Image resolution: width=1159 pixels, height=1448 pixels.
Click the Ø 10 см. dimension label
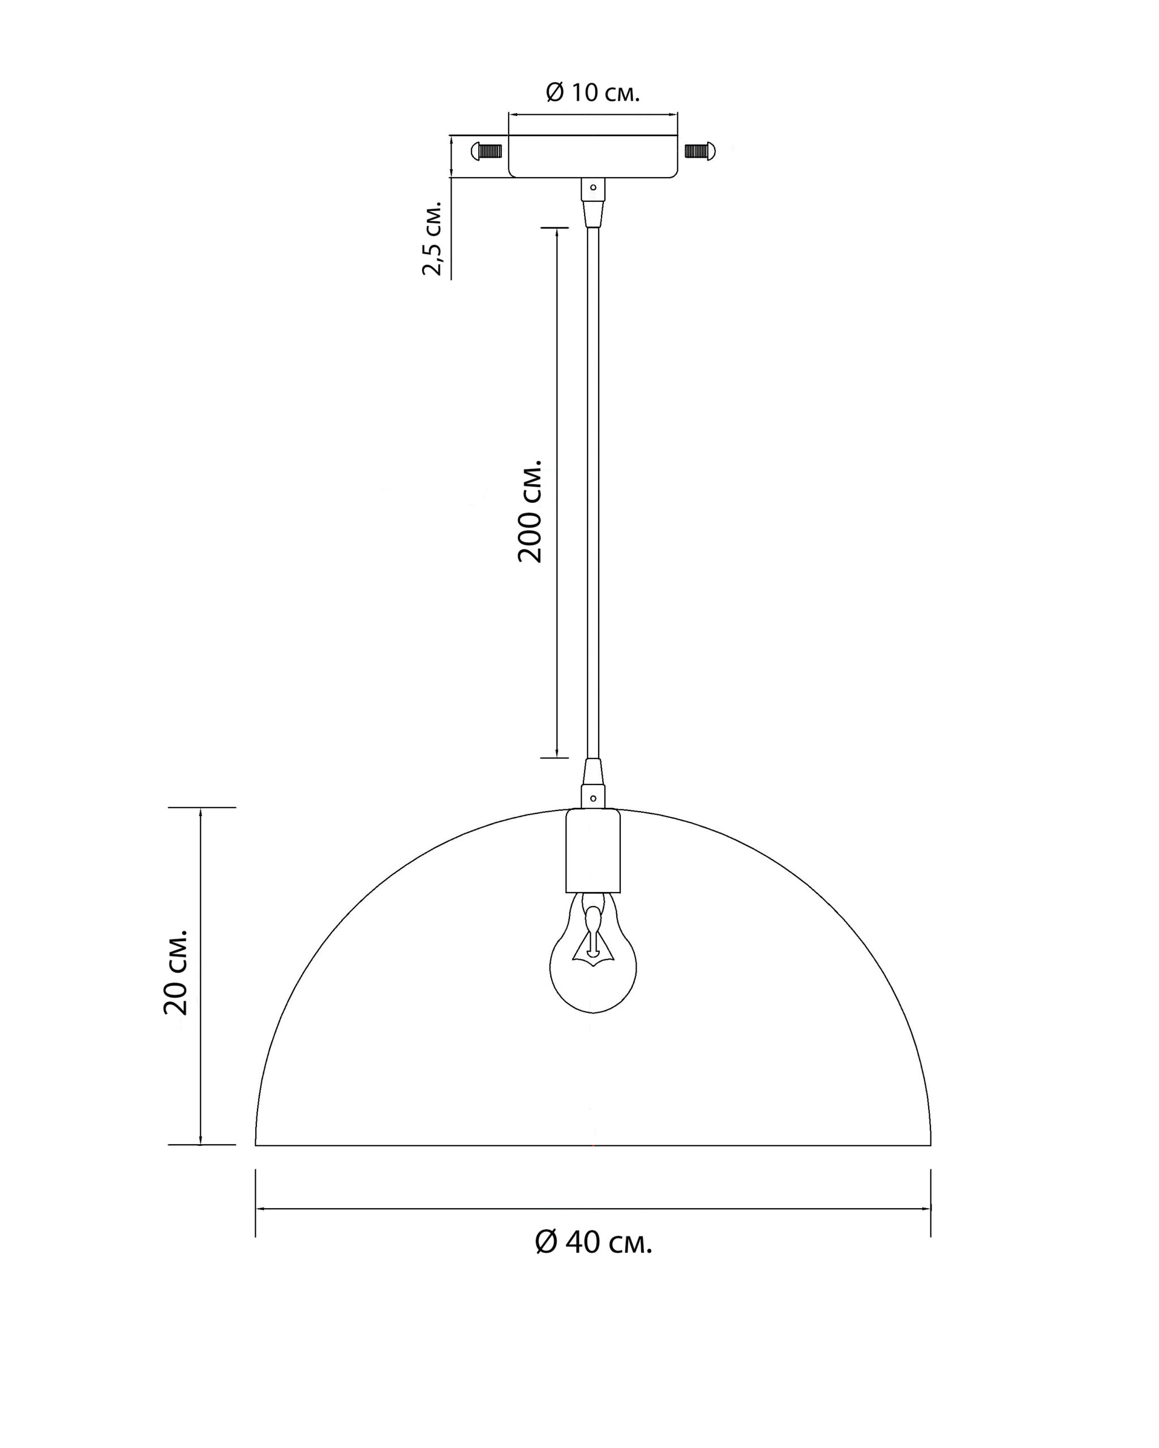click(x=592, y=93)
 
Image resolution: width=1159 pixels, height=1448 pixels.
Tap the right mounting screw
click(x=700, y=150)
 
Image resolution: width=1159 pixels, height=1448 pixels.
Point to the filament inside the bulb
click(x=592, y=937)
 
